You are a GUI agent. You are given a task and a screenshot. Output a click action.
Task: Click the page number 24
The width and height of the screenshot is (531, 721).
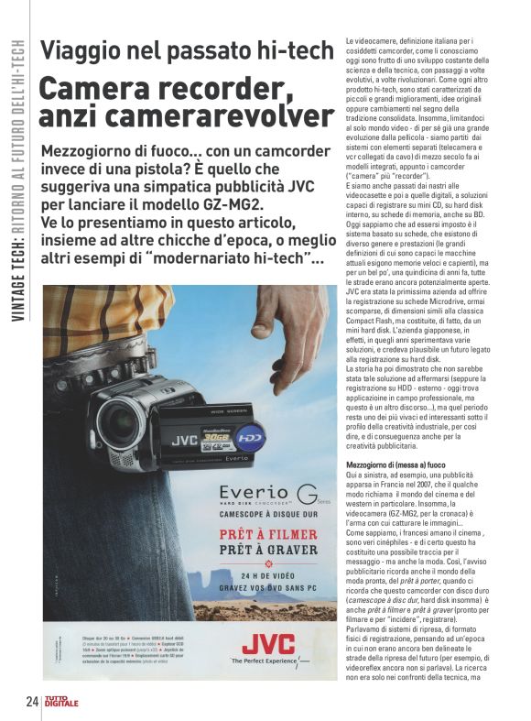coord(31,703)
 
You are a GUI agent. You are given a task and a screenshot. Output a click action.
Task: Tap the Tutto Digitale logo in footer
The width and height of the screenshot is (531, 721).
coord(63,703)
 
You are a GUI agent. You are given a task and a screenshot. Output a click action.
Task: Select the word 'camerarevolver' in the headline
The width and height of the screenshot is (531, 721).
coord(228,116)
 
